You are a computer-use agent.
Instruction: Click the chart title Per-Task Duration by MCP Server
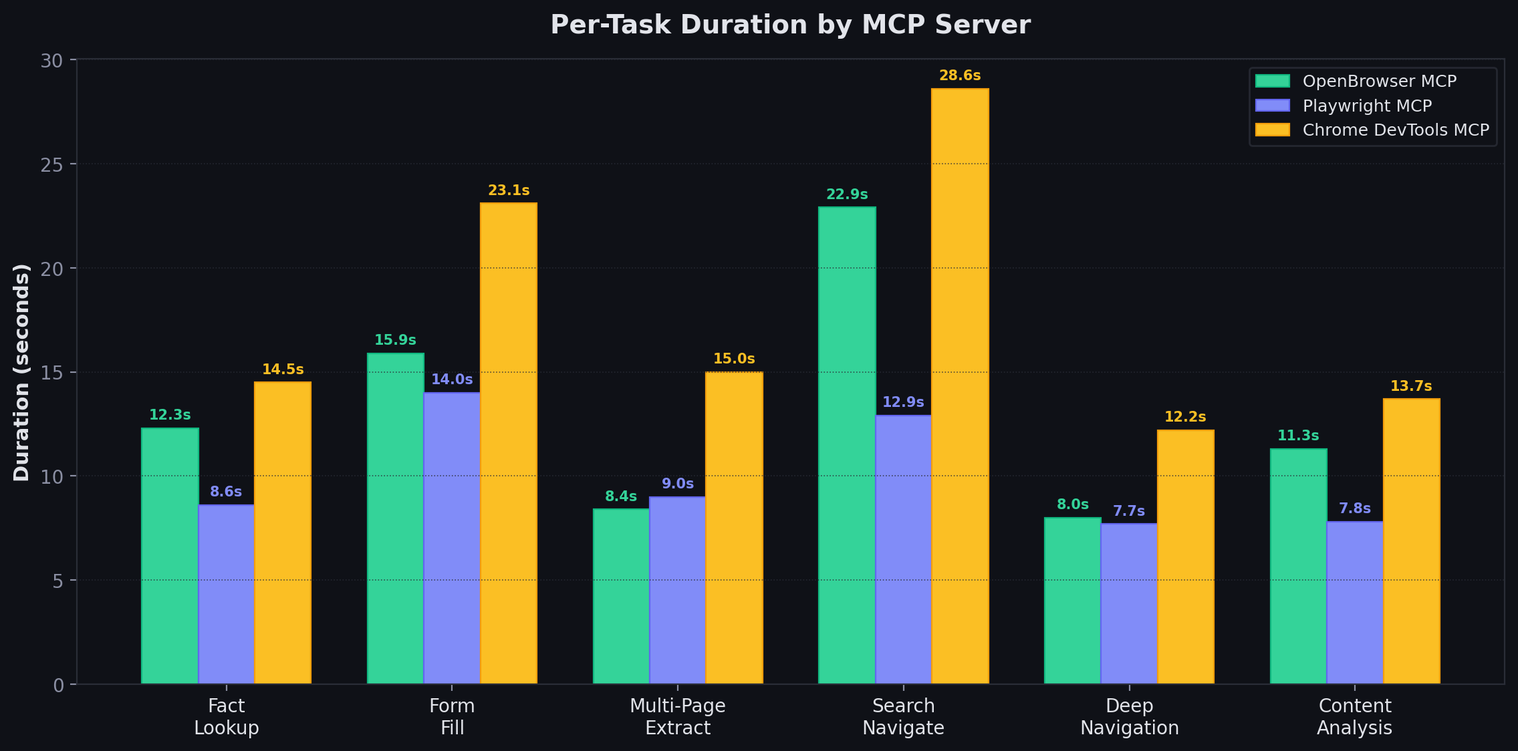tap(790, 25)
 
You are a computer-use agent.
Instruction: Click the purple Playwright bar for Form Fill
tap(452, 538)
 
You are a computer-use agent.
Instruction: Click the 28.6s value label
tap(960, 76)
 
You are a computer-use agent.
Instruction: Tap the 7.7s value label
tap(1129, 511)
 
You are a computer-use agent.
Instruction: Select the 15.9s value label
tap(395, 340)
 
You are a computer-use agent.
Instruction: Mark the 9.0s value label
tap(678, 484)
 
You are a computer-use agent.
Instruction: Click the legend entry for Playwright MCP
tap(1367, 106)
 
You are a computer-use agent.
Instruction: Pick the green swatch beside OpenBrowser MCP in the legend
tap(1272, 82)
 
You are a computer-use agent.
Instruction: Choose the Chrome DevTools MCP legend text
tap(1396, 130)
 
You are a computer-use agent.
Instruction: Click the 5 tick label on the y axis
tap(57, 581)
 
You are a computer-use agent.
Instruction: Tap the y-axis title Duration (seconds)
tap(21, 372)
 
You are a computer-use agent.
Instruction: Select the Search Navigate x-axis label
tap(903, 716)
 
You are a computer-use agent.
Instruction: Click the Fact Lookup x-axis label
tap(226, 716)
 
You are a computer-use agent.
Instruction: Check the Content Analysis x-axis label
tap(1354, 716)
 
